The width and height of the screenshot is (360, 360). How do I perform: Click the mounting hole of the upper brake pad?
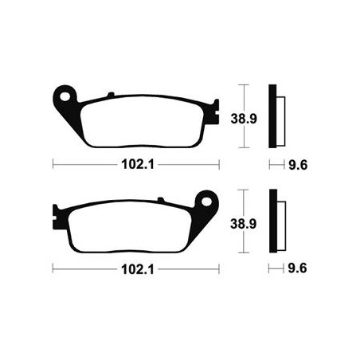65,96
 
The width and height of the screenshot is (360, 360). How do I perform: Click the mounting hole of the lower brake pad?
206,202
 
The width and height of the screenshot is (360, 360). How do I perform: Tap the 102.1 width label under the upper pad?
138,164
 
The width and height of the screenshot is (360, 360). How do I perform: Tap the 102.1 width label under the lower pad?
138,269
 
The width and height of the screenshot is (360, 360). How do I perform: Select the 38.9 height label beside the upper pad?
244,119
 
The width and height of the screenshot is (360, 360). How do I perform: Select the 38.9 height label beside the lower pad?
243,224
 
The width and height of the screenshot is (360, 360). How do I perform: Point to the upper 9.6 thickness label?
298,165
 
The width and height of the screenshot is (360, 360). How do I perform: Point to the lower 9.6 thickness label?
297,268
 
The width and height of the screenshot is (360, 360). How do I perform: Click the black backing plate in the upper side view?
272,116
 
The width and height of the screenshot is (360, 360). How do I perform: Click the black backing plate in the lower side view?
273,221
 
